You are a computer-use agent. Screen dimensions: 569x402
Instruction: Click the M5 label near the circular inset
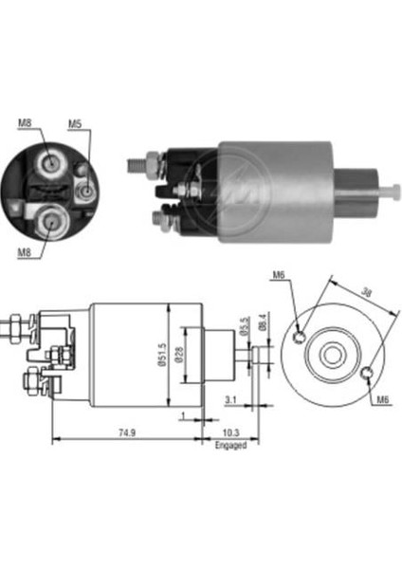click(x=75, y=124)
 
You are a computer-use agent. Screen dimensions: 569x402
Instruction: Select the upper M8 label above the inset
click(x=25, y=122)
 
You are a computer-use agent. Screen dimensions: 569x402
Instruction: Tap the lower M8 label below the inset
click(x=26, y=252)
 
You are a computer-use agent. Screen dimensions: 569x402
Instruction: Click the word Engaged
click(x=229, y=444)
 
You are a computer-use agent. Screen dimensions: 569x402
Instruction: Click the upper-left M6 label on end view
click(x=278, y=276)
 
